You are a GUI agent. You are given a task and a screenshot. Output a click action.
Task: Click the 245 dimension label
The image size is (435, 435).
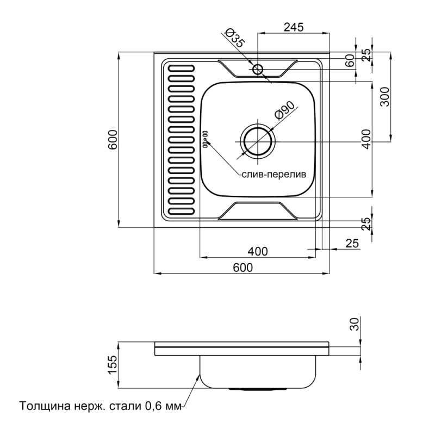click(294, 27)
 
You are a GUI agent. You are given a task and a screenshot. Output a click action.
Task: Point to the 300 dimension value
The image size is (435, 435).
click(384, 97)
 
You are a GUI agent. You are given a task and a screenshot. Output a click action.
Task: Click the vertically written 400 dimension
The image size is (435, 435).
click(366, 139)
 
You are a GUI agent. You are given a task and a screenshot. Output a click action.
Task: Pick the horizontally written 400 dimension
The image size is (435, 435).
click(258, 251)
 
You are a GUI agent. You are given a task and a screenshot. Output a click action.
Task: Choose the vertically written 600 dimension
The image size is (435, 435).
click(113, 140)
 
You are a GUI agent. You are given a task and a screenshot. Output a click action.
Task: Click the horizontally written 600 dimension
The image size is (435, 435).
click(243, 268)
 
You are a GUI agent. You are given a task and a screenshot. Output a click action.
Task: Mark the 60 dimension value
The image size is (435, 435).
click(350, 60)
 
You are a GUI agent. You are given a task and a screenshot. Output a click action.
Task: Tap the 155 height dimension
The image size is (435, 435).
click(113, 364)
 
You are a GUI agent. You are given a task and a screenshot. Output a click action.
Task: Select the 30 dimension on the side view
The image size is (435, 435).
click(355, 324)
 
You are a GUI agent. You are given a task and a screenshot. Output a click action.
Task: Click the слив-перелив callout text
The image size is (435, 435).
click(274, 175)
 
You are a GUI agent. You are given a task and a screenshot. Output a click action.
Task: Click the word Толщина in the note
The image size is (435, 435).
click(45, 406)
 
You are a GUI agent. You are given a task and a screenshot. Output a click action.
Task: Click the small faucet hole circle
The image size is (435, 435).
click(258, 69)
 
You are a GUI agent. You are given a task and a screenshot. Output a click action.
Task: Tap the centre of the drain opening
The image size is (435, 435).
click(258, 142)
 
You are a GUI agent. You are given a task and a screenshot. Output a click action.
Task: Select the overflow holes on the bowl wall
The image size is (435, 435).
click(206, 139)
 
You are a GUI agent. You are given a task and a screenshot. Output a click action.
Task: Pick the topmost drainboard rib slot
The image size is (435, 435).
click(182, 69)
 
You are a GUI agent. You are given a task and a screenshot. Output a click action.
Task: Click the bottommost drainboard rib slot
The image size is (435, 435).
click(182, 212)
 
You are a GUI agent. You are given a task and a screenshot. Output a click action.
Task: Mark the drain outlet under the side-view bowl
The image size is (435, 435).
click(258, 389)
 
